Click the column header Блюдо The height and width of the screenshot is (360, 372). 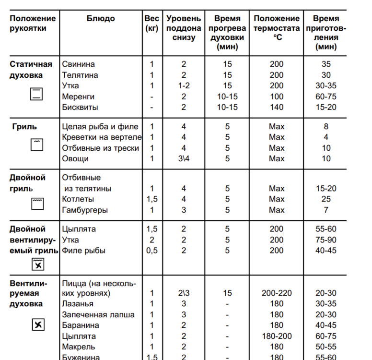tap(101, 19)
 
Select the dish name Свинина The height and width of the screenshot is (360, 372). tap(79, 64)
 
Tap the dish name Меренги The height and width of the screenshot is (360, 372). tap(79, 96)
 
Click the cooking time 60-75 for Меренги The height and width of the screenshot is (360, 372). tap(326, 96)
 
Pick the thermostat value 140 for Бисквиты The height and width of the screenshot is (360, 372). tap(276, 107)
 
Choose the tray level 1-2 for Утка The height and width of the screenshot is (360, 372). tap(183, 85)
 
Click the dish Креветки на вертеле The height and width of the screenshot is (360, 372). tap(100, 137)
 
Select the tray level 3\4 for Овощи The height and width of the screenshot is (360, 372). tap(183, 158)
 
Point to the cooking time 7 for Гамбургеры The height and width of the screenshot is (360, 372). tap(326, 210)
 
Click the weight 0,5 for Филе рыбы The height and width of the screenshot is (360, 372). tap(152, 250)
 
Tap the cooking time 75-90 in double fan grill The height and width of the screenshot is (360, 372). tap(326, 240)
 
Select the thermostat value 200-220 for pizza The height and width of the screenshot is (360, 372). tap(276, 293)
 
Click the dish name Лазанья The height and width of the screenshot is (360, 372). tap(78, 304)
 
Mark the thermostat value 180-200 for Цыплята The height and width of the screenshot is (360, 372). tap(276, 336)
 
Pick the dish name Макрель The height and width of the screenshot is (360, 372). tap(79, 347)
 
